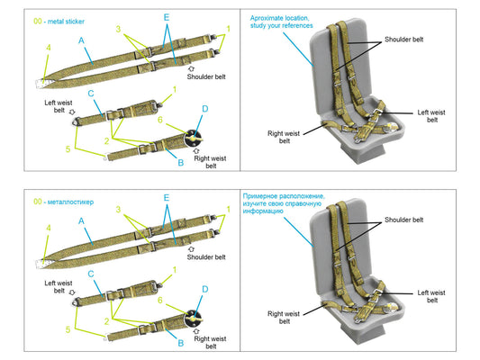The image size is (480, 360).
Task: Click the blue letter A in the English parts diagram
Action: pyautogui.click(x=82, y=40)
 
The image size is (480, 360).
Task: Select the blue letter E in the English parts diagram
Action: pyautogui.click(x=166, y=17)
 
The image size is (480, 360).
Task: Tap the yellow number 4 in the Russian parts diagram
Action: pyautogui.click(x=49, y=228)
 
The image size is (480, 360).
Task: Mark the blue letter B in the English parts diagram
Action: pyautogui.click(x=180, y=162)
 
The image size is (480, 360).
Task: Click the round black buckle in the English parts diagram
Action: pyautogui.click(x=195, y=139)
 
